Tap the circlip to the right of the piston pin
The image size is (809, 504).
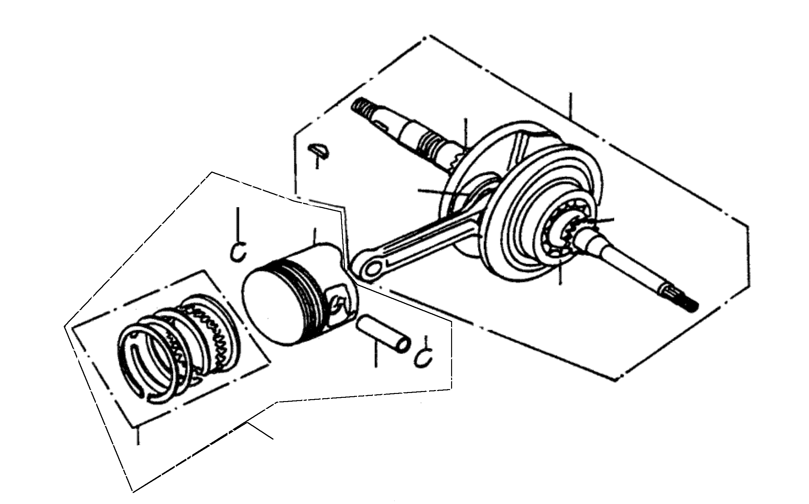click(x=424, y=357)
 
